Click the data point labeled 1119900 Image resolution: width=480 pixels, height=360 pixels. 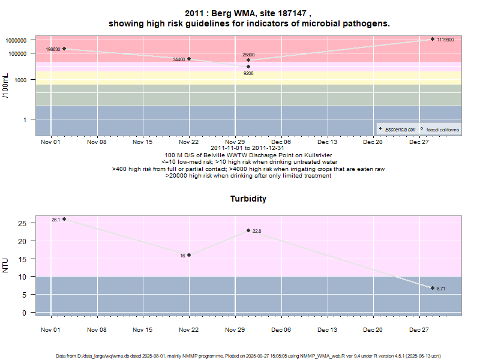(x=432, y=39)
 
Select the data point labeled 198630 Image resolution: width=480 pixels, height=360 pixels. (x=64, y=49)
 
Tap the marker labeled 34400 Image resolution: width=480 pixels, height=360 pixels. (x=189, y=59)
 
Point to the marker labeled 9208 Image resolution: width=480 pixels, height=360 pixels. (x=248, y=67)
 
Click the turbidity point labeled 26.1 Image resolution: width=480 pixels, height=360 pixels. (x=64, y=219)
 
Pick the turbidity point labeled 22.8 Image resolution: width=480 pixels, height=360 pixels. (x=248, y=230)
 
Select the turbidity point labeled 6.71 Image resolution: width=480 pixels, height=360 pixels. (x=432, y=288)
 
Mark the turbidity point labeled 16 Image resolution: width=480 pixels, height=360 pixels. (x=189, y=255)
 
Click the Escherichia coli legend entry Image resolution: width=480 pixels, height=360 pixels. (x=400, y=129)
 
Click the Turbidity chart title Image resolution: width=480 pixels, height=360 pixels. (x=248, y=199)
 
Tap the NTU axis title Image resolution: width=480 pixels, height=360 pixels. (x=6, y=265)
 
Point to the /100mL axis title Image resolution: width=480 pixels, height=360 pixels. (x=6, y=85)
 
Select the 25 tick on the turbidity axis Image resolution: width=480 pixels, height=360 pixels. (x=22, y=223)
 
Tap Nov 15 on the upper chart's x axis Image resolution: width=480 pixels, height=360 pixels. (x=143, y=142)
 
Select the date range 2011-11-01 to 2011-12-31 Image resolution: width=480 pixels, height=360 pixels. (x=248, y=148)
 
